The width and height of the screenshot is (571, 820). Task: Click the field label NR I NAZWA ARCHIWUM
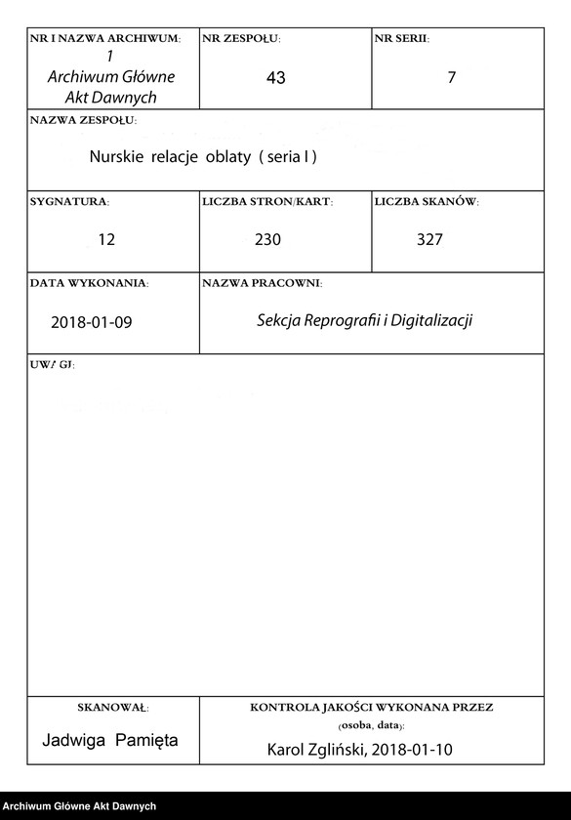[x=105, y=38]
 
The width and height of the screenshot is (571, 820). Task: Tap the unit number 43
[x=275, y=78]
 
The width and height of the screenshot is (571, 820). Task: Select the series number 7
[x=451, y=77]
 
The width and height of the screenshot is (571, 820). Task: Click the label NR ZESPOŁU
[x=241, y=38]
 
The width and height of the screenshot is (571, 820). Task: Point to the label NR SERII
[x=401, y=38]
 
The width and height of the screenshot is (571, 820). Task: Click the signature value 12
[x=106, y=239]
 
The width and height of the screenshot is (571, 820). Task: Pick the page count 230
[x=267, y=239]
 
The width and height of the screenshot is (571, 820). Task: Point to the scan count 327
[x=429, y=239]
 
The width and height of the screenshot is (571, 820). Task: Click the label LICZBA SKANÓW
[x=427, y=202]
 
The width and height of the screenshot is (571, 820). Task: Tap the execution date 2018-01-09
[x=91, y=322]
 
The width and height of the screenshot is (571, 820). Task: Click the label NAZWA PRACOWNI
[x=262, y=283]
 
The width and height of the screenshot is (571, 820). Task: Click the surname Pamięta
[x=146, y=740]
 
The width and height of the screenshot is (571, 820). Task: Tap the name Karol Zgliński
[x=312, y=750]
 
